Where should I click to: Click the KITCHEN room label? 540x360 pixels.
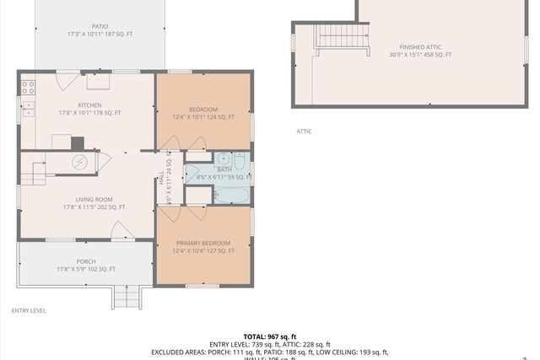click(x=89, y=82)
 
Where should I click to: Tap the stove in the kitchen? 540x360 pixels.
click(x=28, y=85)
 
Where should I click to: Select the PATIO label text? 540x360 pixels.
click(x=100, y=26)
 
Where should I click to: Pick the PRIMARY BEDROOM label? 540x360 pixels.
click(x=203, y=243)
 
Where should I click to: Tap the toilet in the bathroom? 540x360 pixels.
click(x=240, y=159)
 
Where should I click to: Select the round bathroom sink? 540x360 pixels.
click(x=223, y=160)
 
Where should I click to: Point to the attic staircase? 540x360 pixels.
click(x=343, y=38)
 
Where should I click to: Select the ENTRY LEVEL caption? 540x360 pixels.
click(x=29, y=310)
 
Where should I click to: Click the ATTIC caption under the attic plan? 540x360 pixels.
click(x=304, y=131)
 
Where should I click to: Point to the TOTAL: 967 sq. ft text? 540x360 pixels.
click(x=270, y=336)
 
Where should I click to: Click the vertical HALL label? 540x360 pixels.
click(x=160, y=178)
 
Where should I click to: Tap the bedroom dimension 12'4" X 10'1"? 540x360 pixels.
click(x=203, y=117)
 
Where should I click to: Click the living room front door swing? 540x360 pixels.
click(x=119, y=230)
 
